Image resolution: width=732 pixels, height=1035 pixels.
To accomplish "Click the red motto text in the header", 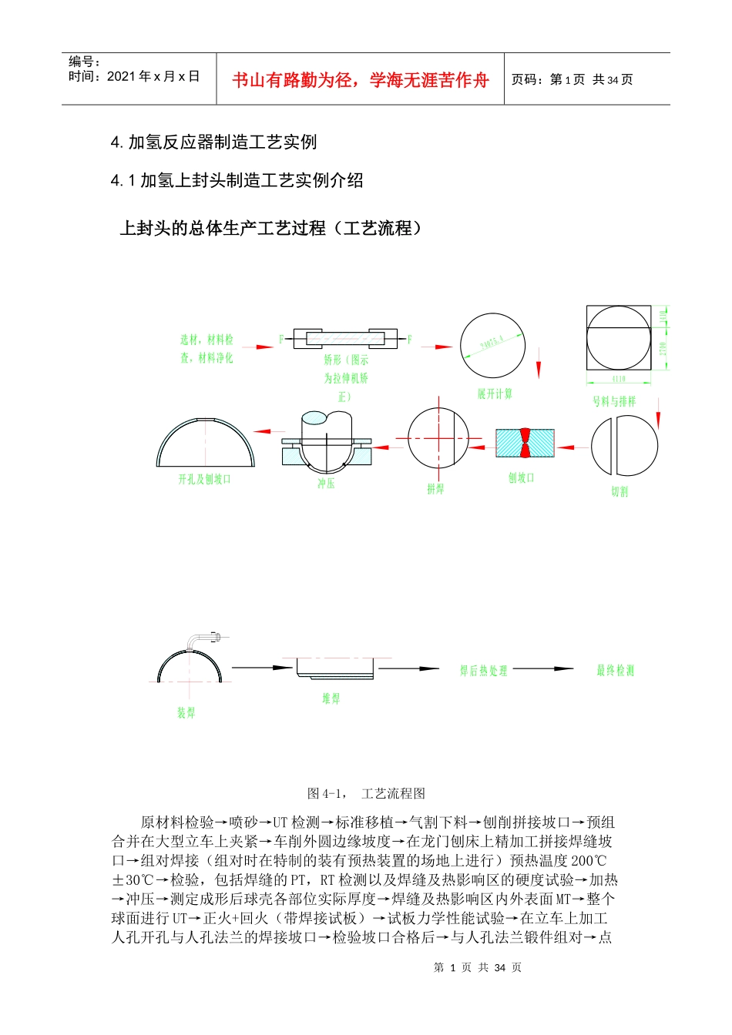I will pyautogui.click(x=360, y=80).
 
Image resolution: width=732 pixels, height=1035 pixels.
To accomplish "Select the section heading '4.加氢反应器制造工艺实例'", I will pyautogui.click(x=213, y=142).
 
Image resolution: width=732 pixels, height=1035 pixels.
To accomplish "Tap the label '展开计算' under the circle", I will pyautogui.click(x=495, y=394).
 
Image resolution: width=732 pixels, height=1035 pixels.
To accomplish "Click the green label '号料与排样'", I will pyautogui.click(x=614, y=401).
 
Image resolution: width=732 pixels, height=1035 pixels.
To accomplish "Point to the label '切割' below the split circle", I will pyautogui.click(x=620, y=491).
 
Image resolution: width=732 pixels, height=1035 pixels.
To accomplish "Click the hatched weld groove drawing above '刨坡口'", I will pyautogui.click(x=524, y=444).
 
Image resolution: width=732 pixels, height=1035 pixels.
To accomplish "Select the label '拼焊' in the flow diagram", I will pyautogui.click(x=435, y=488).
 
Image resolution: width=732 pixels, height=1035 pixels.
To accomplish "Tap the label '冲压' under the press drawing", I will pyautogui.click(x=326, y=484).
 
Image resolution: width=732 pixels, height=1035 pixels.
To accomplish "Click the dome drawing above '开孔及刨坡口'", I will pyautogui.click(x=205, y=442).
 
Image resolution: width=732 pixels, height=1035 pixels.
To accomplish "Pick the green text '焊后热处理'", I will pyautogui.click(x=484, y=671).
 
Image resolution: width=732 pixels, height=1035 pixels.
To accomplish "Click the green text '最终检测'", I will pyautogui.click(x=615, y=671).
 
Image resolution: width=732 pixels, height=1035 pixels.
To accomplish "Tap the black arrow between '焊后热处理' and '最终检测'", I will pyautogui.click(x=543, y=669).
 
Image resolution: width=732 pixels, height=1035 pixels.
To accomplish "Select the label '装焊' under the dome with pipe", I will pyautogui.click(x=186, y=712).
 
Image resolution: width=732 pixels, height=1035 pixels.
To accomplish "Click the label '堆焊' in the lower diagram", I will pyautogui.click(x=331, y=698).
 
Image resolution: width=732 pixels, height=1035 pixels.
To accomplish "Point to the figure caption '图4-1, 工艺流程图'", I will pyautogui.click(x=366, y=793).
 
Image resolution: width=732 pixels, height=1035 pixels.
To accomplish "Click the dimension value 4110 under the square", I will pyautogui.click(x=619, y=379).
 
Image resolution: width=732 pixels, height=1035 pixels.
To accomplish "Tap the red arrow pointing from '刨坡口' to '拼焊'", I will pyautogui.click(x=482, y=446).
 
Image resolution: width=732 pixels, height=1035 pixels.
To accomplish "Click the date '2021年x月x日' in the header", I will pyautogui.click(x=153, y=76).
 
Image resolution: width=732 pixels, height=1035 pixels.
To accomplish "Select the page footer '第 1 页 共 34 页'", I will pyautogui.click(x=478, y=967).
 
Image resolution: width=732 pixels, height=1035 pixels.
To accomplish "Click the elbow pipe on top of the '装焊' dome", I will pyautogui.click(x=204, y=638).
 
